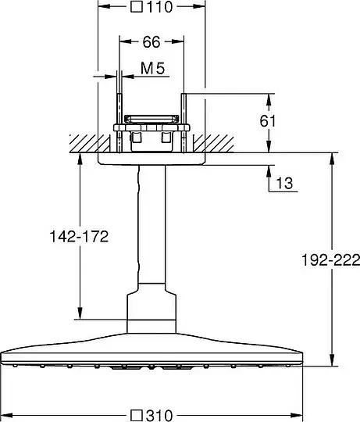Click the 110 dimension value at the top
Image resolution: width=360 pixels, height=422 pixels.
coord(159,7)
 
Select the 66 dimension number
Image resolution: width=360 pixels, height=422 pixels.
coord(151,42)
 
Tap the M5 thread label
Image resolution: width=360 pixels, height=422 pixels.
coord(152,68)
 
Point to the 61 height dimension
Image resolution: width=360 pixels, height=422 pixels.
coord(268,121)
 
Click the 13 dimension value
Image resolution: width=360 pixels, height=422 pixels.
coord(284,184)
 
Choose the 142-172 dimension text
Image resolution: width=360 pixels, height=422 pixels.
coord(79,237)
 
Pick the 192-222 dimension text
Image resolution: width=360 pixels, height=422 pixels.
coord(330,260)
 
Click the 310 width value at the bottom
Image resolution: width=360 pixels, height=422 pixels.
coord(159,416)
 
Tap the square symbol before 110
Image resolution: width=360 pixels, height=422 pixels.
coord(137,7)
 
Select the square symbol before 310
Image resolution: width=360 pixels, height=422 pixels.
coord(136,415)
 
